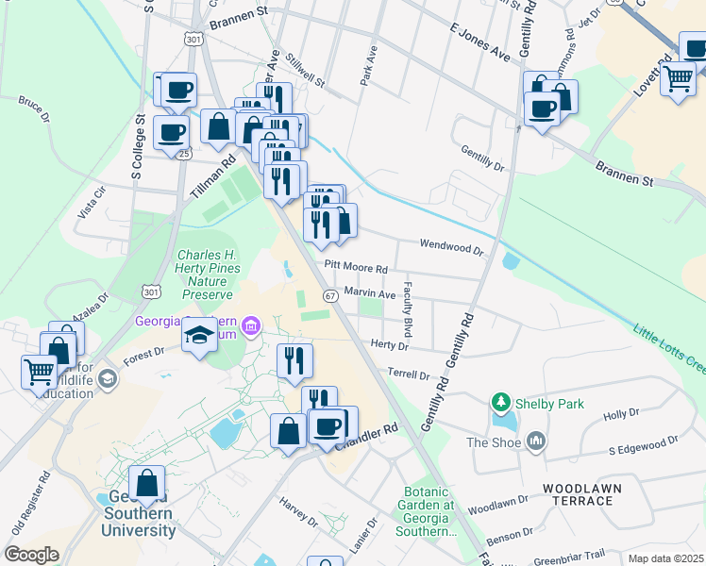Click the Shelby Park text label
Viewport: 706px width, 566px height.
coord(549,404)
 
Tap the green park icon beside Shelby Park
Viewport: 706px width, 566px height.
coord(500,404)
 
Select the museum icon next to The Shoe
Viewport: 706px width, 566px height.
coord(536,441)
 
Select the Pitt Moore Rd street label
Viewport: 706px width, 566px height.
coord(356,269)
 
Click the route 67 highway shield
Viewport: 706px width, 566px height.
coord(330,296)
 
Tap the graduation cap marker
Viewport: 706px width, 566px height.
coord(200,335)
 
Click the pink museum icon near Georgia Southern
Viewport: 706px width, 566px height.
coord(250,327)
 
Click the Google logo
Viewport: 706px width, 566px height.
coord(31,555)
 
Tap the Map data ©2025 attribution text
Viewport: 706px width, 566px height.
coord(664,558)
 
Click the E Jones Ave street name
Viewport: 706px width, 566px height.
coord(479,44)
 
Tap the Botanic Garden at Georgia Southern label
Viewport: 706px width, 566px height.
coord(429,511)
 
